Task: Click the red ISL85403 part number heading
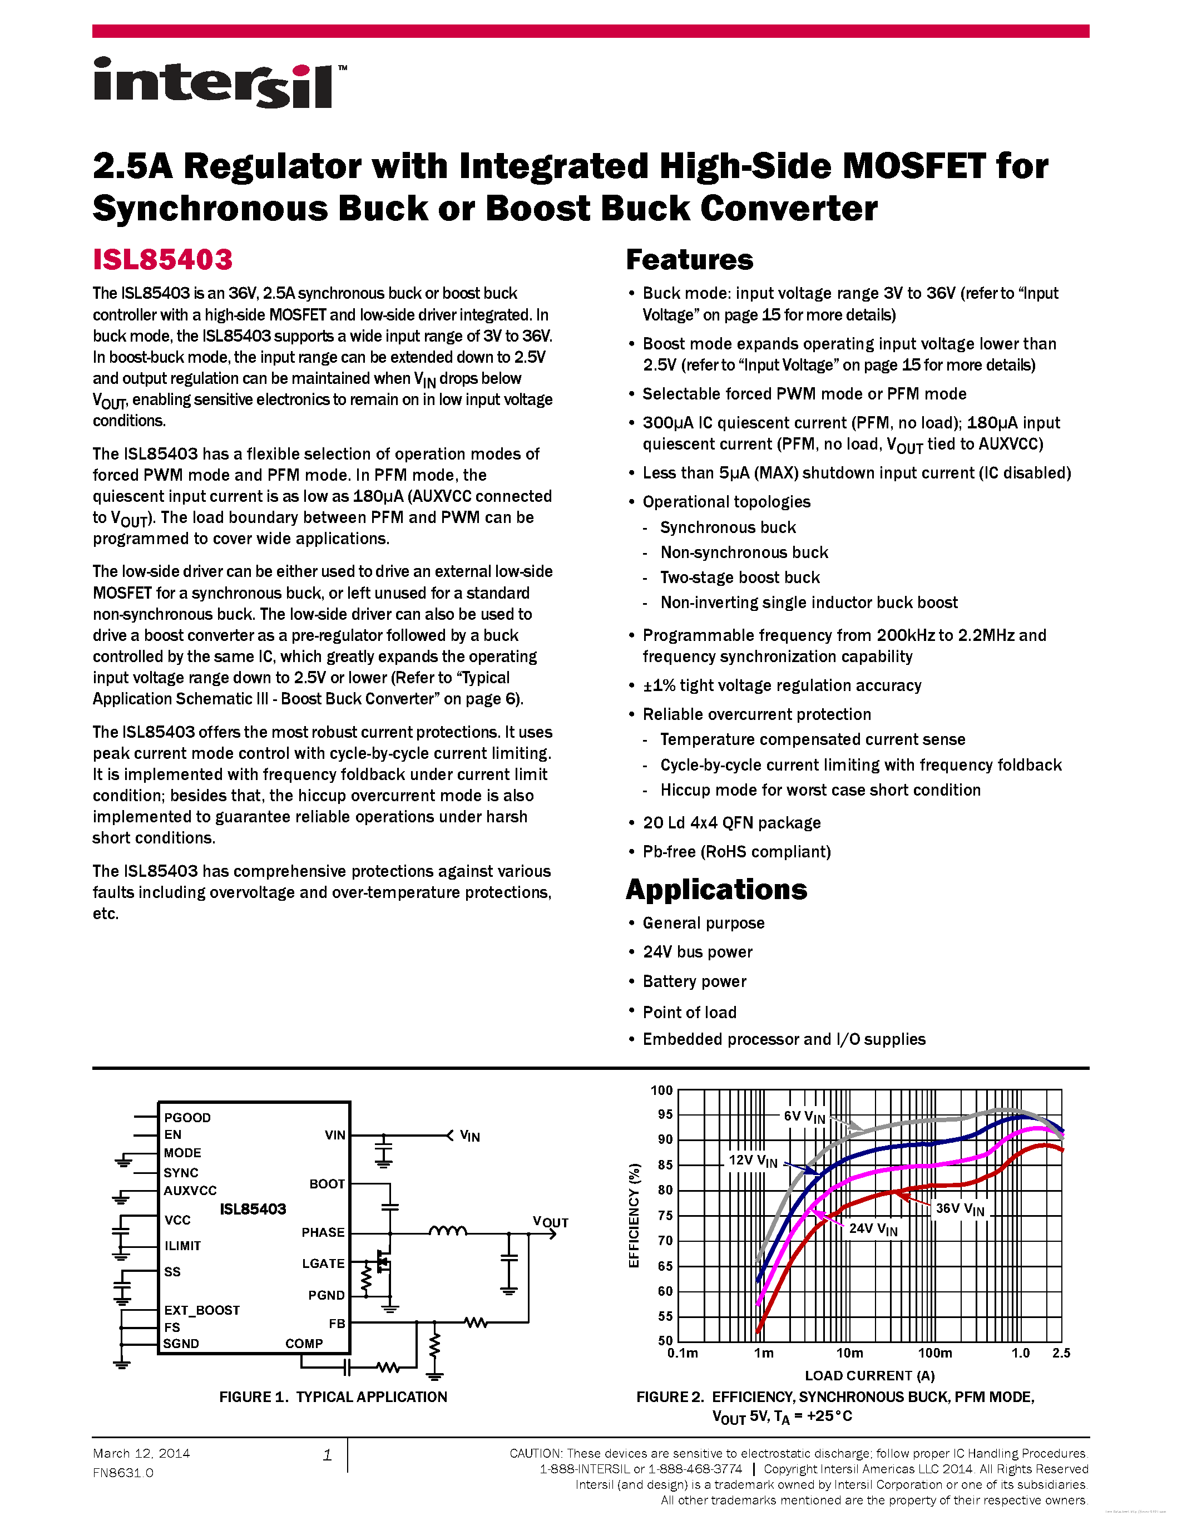pos(162,260)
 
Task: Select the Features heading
pos(689,260)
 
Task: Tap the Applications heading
pos(716,890)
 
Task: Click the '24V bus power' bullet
pos(698,952)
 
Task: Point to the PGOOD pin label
pos(187,1117)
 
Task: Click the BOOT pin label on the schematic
pos(327,1184)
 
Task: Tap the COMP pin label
pos(304,1344)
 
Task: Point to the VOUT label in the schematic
pos(550,1222)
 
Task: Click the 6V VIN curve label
pos(804,1117)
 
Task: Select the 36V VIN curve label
pos(960,1209)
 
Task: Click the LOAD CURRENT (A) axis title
pos(870,1375)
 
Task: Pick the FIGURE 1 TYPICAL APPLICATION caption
pos(333,1397)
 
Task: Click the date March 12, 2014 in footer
pos(141,1454)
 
